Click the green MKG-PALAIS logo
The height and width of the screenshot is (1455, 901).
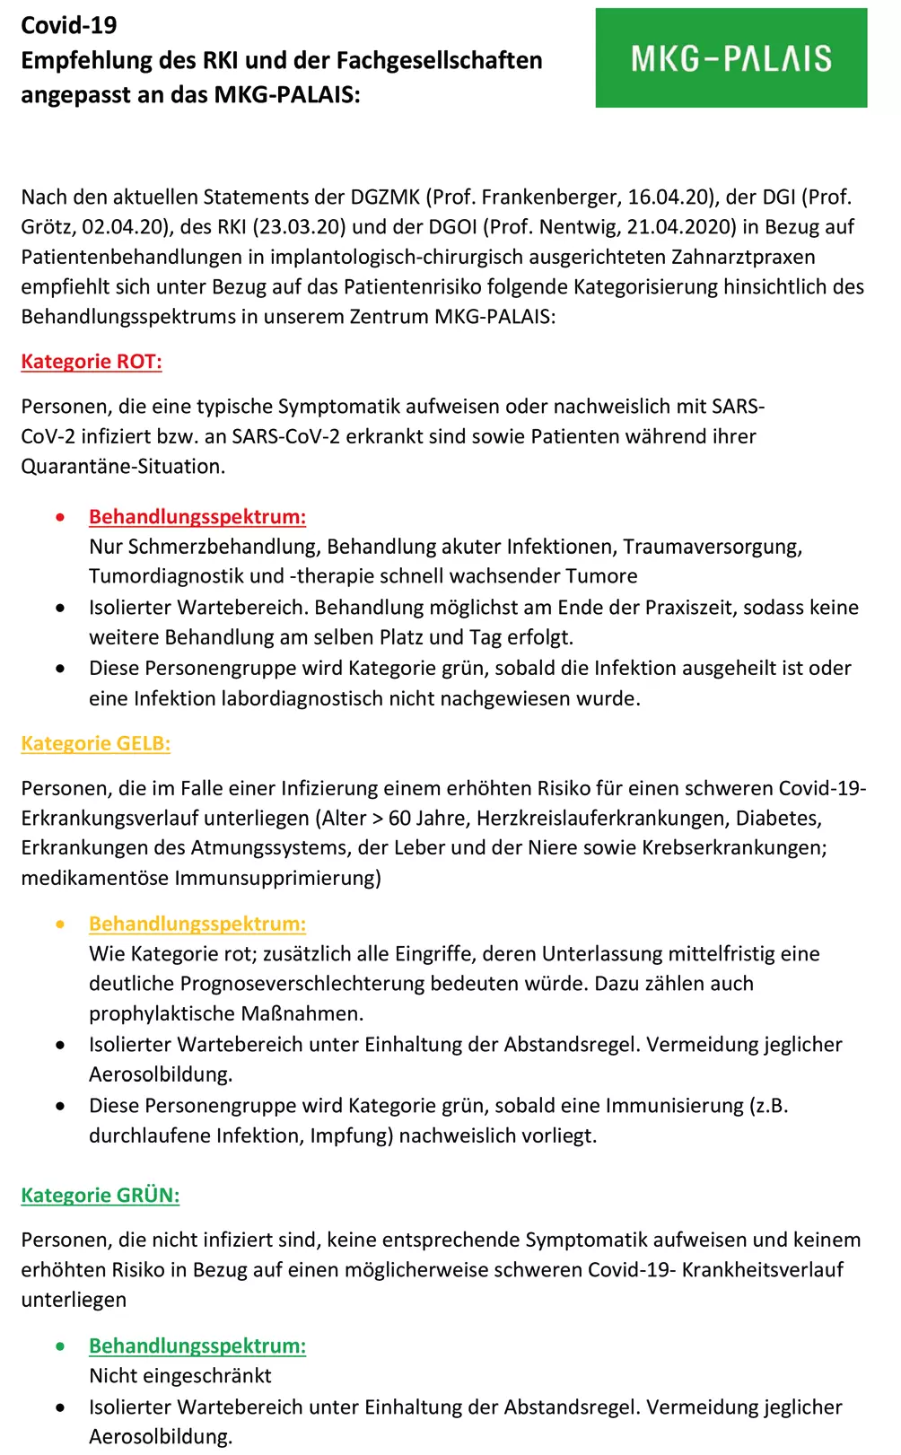pyautogui.click(x=730, y=58)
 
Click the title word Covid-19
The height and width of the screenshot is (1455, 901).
pyautogui.click(x=69, y=25)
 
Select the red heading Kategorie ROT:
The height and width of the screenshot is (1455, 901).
pyautogui.click(x=92, y=362)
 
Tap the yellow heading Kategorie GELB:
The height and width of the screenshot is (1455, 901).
pyautogui.click(x=95, y=743)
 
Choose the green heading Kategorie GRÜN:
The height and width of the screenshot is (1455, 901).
pyautogui.click(x=100, y=1195)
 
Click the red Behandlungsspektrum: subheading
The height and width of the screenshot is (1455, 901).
pyautogui.click(x=197, y=517)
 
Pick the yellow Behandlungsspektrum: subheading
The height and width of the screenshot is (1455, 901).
pyautogui.click(x=197, y=924)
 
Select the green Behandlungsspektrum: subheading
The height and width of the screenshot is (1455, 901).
pyautogui.click(x=197, y=1345)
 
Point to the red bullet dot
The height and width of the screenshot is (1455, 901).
pyautogui.click(x=60, y=517)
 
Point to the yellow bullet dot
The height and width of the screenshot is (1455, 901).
pyautogui.click(x=60, y=924)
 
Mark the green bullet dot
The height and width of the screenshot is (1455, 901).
pyautogui.click(x=60, y=1345)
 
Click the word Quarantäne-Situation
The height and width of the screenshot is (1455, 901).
pyautogui.click(x=123, y=467)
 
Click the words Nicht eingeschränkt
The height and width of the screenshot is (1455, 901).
pyautogui.click(x=179, y=1376)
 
